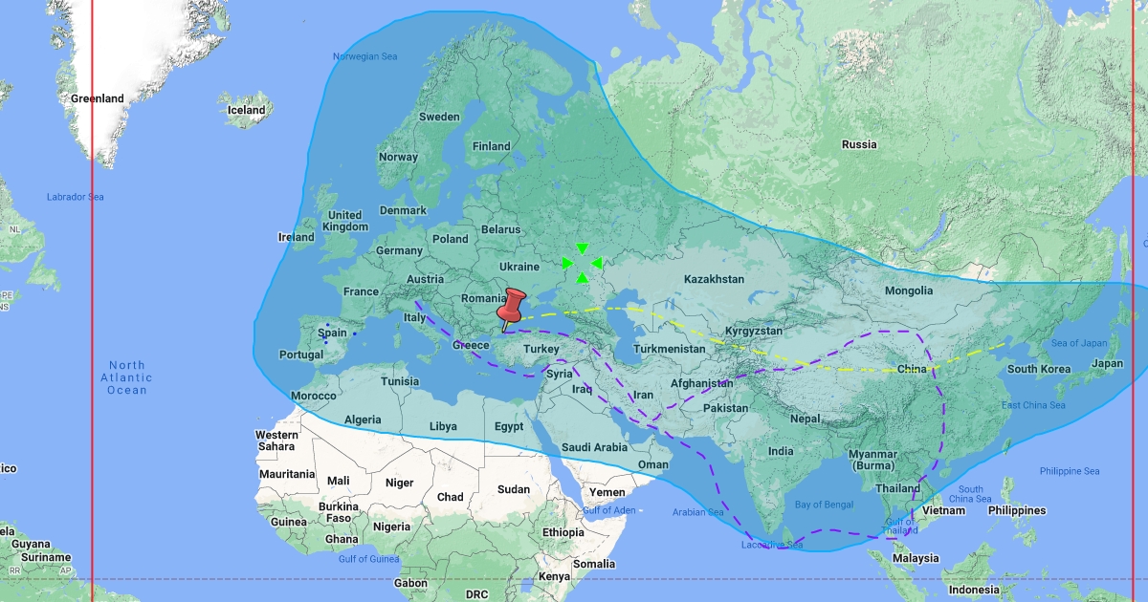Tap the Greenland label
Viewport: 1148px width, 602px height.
(97, 98)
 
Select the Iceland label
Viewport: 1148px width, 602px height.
(246, 110)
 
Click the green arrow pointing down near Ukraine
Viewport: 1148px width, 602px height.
(582, 248)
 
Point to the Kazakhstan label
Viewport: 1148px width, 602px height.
(714, 279)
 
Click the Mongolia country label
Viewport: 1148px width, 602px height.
(908, 290)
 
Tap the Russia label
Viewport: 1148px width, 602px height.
(858, 144)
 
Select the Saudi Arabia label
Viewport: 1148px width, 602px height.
(594, 446)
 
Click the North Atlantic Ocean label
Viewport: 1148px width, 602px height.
(127, 377)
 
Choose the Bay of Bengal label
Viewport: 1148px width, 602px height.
(824, 504)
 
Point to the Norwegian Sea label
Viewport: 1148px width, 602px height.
(364, 56)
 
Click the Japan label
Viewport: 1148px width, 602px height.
(1107, 363)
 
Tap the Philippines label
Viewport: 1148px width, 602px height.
(1017, 510)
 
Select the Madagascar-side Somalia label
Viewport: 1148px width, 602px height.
(594, 564)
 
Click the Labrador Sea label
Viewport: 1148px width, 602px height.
(75, 197)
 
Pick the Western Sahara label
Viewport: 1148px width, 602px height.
(276, 441)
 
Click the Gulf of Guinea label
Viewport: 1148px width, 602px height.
(368, 558)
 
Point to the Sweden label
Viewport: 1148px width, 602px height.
(439, 117)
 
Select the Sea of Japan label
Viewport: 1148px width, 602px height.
(1077, 343)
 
